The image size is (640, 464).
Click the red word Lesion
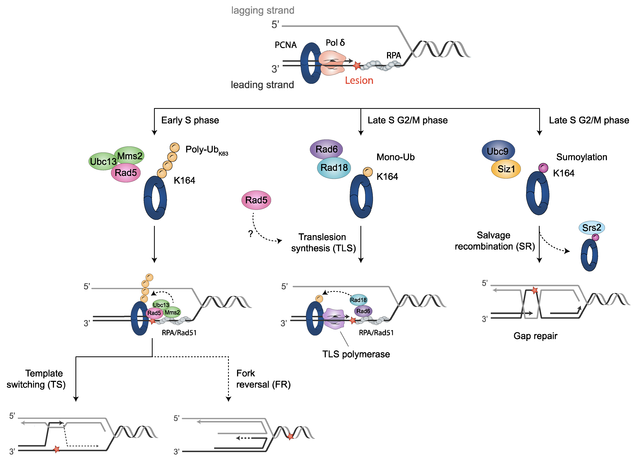click(359, 81)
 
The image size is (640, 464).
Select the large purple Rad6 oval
click(326, 149)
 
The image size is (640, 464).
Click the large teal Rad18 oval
click(334, 168)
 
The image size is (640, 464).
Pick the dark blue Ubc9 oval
click(498, 151)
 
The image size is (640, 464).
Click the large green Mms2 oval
click(130, 156)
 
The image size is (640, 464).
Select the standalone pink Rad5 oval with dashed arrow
click(256, 200)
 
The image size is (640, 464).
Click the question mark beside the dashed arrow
click(250, 234)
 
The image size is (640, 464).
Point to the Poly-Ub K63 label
click(206, 150)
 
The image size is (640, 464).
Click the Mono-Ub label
click(395, 157)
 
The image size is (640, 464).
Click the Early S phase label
click(190, 120)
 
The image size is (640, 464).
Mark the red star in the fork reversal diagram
click(290, 437)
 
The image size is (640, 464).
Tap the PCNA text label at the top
click(286, 45)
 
